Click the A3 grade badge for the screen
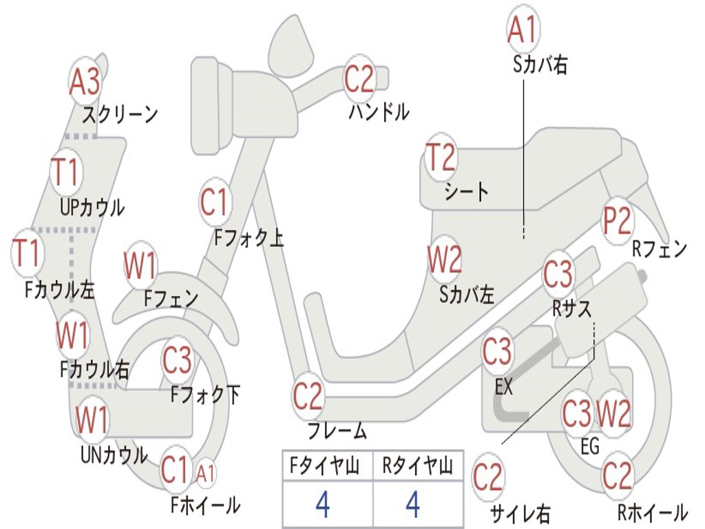[85, 81]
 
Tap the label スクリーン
[120, 114]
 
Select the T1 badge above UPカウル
[67, 172]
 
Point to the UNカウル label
[114, 455]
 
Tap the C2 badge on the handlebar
[359, 79]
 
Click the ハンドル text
[379, 112]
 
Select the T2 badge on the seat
[441, 158]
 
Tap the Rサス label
[572, 309]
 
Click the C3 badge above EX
[497, 351]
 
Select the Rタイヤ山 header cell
[417, 468]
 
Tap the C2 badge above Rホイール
[617, 476]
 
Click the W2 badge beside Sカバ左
[445, 260]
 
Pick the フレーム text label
[337, 432]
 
